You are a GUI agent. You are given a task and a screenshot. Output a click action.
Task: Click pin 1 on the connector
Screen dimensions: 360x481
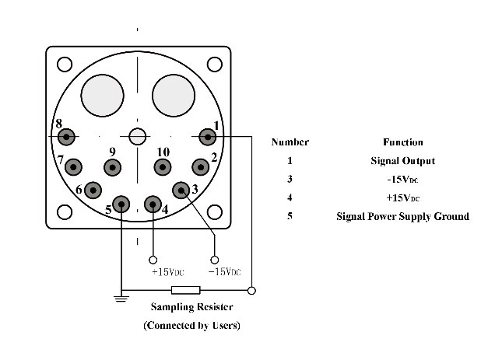pos(207,137)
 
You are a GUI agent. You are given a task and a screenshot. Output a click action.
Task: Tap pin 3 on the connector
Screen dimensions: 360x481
pos(181,189)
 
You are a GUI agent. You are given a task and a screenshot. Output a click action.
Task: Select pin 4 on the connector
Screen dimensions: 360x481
pos(153,204)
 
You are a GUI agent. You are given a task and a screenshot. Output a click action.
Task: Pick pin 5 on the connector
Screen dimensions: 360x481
pos(121,204)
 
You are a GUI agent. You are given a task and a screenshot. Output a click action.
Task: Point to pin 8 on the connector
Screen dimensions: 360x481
pos(66,137)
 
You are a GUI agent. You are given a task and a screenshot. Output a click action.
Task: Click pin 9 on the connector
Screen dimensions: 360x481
pos(113,166)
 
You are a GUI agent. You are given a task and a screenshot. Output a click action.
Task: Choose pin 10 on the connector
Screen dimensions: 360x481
pos(162,166)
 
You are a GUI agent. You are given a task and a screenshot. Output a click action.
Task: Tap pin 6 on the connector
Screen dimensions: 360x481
pos(93,189)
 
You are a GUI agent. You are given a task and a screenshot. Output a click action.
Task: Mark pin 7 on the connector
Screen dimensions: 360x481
pos(74,166)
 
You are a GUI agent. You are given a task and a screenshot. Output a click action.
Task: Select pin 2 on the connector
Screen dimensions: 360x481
pos(202,166)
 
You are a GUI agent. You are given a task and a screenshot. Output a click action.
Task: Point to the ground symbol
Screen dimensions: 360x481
pos(121,296)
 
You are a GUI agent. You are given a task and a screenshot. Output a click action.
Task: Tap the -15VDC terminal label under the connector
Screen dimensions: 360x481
pos(224,272)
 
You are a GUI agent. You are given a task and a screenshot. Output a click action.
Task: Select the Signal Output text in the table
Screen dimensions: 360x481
pos(402,161)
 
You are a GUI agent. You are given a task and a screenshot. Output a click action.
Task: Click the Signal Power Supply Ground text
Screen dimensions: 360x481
pos(402,216)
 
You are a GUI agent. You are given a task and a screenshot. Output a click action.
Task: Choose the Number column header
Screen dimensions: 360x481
pos(290,142)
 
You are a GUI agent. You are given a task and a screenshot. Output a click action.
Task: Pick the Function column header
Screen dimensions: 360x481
pos(402,142)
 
